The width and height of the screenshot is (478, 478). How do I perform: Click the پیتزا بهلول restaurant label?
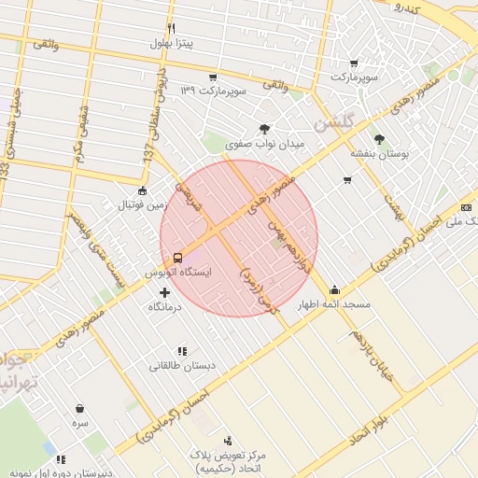pyautogui.click(x=173, y=44)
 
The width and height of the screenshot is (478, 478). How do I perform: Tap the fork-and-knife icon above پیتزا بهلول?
pyautogui.click(x=171, y=28)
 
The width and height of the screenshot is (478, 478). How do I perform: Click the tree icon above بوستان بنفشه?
pyautogui.click(x=378, y=137)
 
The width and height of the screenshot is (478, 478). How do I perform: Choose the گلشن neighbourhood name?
pyautogui.click(x=334, y=122)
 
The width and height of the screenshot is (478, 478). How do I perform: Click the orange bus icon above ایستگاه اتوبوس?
pyautogui.click(x=177, y=257)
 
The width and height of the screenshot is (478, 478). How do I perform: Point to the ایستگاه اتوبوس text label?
pyautogui.click(x=177, y=273)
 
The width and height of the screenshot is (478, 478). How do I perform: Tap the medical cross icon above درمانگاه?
pyautogui.click(x=164, y=291)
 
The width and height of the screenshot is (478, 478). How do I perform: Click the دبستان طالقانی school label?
pyautogui.click(x=182, y=366)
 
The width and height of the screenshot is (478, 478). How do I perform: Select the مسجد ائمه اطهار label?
pyautogui.click(x=334, y=305)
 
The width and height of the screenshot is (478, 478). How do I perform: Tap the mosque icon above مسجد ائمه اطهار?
pyautogui.click(x=335, y=289)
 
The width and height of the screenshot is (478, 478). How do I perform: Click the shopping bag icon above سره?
pyautogui.click(x=80, y=408)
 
